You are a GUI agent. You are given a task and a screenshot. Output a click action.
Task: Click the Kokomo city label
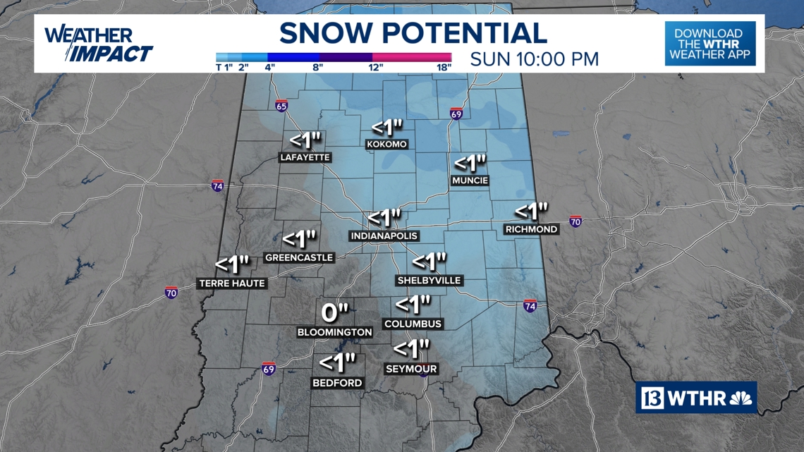(x=387, y=145)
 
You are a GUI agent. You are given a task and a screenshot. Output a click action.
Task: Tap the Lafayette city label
(x=305, y=157)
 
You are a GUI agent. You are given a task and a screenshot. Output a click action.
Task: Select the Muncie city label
(x=470, y=181)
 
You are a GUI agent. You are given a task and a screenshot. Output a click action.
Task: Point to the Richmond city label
(x=531, y=229)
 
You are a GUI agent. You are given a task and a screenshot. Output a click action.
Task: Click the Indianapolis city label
(x=384, y=236)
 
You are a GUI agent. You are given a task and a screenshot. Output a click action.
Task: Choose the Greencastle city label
(x=299, y=258)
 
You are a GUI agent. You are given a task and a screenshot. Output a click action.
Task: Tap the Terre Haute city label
(x=232, y=283)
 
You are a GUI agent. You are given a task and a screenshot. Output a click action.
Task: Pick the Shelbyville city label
(x=429, y=281)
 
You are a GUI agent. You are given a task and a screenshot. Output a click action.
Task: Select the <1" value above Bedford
(x=337, y=363)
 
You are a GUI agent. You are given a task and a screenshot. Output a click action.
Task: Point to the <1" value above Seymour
(x=411, y=349)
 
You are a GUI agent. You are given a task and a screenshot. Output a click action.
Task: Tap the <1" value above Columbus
(x=413, y=305)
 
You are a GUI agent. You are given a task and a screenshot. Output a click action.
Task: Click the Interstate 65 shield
(x=281, y=106)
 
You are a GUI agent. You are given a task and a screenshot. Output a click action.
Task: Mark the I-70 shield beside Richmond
(x=575, y=221)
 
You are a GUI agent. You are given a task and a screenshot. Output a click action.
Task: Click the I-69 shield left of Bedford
(x=268, y=369)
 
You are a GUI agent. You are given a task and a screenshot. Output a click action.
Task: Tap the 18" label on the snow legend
(x=444, y=68)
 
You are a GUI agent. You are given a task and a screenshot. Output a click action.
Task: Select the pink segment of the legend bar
(x=412, y=57)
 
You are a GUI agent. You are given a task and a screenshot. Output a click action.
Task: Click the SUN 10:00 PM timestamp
(x=534, y=59)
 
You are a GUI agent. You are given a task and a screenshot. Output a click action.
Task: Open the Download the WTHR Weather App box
(x=709, y=44)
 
